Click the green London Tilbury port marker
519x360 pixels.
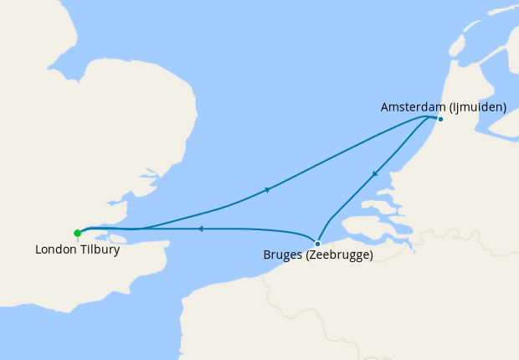pyautogui.click(x=77, y=233)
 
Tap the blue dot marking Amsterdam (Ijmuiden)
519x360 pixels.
pyautogui.click(x=440, y=118)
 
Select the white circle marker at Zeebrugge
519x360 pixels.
pyautogui.click(x=317, y=244)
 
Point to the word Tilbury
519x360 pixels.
pyautogui.click(x=100, y=249)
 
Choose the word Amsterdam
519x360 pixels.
pyautogui.click(x=412, y=107)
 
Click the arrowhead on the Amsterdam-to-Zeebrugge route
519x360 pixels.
pyautogui.click(x=375, y=174)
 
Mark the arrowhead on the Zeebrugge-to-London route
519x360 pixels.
pyautogui.click(x=200, y=228)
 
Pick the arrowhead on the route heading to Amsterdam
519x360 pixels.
pyautogui.click(x=267, y=190)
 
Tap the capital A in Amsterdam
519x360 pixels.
pyautogui.click(x=385, y=107)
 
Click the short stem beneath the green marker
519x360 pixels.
pyautogui.click(x=77, y=239)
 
